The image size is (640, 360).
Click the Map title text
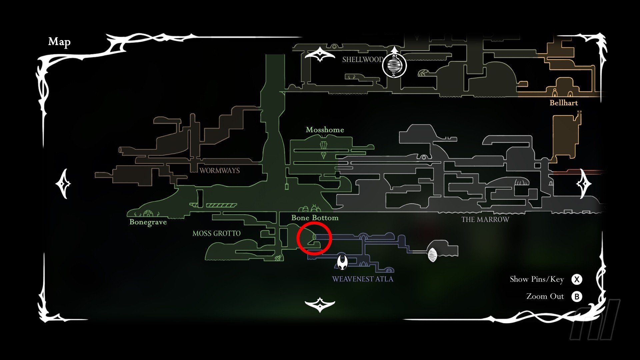[x=59, y=42]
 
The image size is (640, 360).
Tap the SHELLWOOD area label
[x=363, y=60]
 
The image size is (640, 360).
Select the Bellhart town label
[x=564, y=103]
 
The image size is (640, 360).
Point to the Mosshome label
[x=325, y=130]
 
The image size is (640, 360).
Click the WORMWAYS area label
[x=220, y=171]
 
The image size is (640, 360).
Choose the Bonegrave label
[x=148, y=222]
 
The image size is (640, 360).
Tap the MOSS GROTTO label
[x=216, y=233]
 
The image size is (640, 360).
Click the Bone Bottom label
[x=315, y=218]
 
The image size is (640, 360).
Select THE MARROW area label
[x=485, y=220]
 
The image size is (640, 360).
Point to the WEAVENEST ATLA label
[x=363, y=279]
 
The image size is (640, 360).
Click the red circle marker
[x=314, y=239]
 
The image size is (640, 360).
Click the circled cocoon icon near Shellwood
[x=394, y=65]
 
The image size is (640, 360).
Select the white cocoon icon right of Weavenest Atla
[x=432, y=255]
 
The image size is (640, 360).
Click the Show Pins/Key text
[x=537, y=279]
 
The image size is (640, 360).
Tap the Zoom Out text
[x=545, y=296]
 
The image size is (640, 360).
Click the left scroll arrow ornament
[x=63, y=184]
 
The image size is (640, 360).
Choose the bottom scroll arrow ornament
[x=320, y=304]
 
